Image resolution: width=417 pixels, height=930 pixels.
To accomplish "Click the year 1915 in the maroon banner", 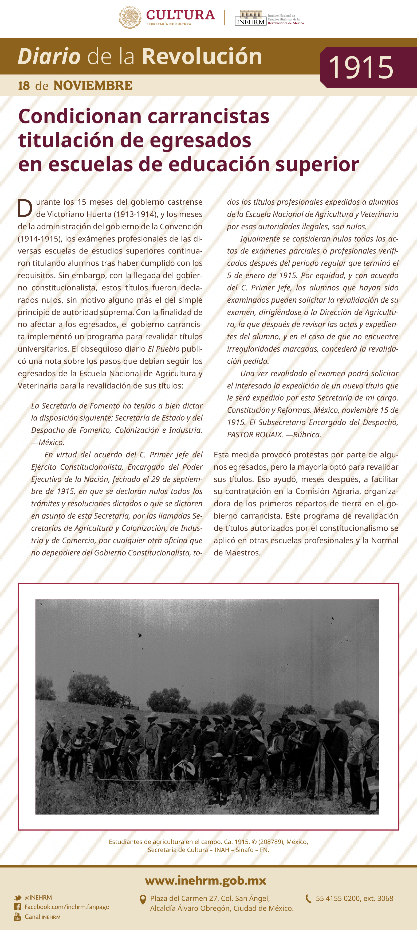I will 360,68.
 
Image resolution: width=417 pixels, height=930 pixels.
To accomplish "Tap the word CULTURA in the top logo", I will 180,15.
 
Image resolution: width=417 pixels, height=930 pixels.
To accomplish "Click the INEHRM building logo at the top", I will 250,18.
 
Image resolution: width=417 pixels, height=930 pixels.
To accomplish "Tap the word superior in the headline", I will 317,164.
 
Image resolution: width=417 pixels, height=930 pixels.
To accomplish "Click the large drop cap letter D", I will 25,208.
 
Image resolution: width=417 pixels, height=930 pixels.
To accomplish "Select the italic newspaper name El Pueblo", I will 163,349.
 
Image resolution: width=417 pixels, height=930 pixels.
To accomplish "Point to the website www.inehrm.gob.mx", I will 205,881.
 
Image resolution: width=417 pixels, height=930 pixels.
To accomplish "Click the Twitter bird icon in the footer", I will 17,897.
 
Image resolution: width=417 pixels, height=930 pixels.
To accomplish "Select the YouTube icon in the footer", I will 17,916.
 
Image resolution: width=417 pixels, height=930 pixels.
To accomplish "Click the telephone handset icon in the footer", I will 308,898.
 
